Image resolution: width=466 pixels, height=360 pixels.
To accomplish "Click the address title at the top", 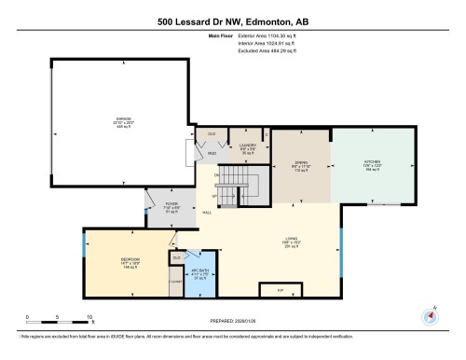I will click(233, 21).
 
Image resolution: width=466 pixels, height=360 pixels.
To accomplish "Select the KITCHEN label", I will click(372, 162).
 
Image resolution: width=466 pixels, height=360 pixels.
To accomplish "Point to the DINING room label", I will click(301, 162).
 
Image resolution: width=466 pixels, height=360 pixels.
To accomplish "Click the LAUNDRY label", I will click(247, 145).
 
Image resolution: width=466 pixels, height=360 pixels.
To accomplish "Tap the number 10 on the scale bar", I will click(88, 318).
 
